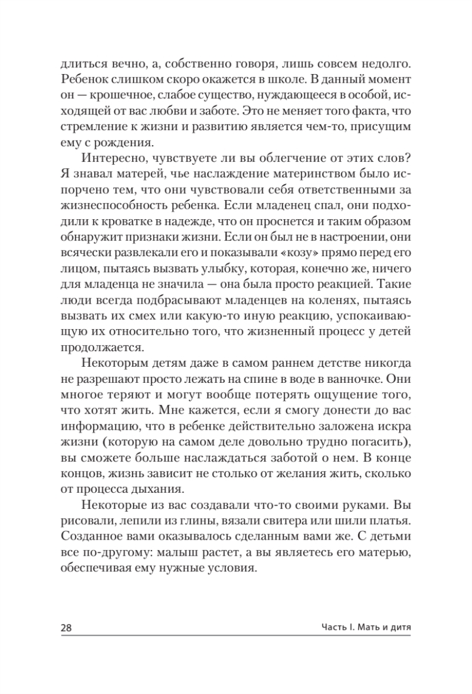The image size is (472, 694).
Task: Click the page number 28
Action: point(68,627)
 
